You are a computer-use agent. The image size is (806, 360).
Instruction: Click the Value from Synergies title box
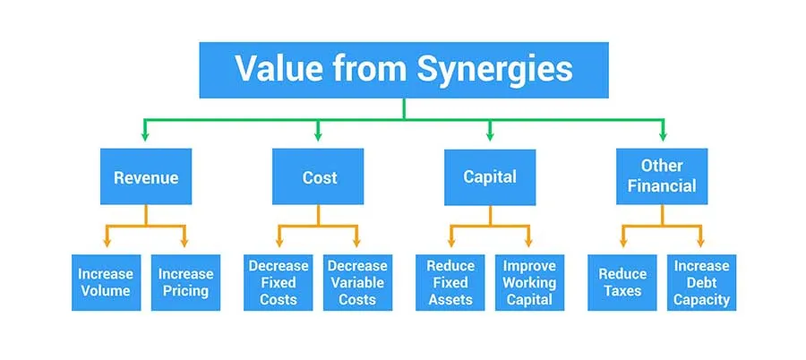pyautogui.click(x=404, y=68)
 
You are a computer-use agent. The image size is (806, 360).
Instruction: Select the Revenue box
pyautogui.click(x=146, y=177)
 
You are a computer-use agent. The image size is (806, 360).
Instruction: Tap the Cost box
pyautogui.click(x=319, y=177)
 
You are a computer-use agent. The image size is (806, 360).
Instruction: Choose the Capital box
pyautogui.click(x=490, y=176)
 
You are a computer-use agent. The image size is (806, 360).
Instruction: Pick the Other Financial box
pyautogui.click(x=662, y=176)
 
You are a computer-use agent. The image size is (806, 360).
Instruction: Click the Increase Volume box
pyautogui.click(x=106, y=282)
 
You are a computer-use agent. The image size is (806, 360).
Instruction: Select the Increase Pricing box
pyautogui.click(x=185, y=282)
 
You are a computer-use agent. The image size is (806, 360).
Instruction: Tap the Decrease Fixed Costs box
pyautogui.click(x=278, y=282)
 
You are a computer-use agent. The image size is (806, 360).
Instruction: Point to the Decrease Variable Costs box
pyautogui.click(x=357, y=282)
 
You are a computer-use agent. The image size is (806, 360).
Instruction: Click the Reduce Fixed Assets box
pyautogui.click(x=450, y=282)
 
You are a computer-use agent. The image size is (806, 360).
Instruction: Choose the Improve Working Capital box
pyautogui.click(x=529, y=282)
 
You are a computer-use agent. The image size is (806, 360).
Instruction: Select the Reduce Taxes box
pyautogui.click(x=622, y=282)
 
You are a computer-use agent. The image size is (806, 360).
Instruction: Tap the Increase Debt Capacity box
pyautogui.click(x=702, y=282)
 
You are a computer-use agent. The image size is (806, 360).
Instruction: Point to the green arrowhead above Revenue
pyautogui.click(x=146, y=137)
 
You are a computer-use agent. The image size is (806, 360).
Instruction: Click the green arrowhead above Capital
pyautogui.click(x=490, y=137)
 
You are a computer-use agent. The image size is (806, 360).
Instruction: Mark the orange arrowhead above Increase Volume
pyautogui.click(x=107, y=242)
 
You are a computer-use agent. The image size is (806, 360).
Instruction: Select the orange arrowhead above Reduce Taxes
pyautogui.click(x=622, y=242)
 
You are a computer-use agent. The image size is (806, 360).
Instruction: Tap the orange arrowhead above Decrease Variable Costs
pyautogui.click(x=358, y=242)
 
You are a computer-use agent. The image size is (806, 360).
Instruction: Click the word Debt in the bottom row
pyautogui.click(x=702, y=283)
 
